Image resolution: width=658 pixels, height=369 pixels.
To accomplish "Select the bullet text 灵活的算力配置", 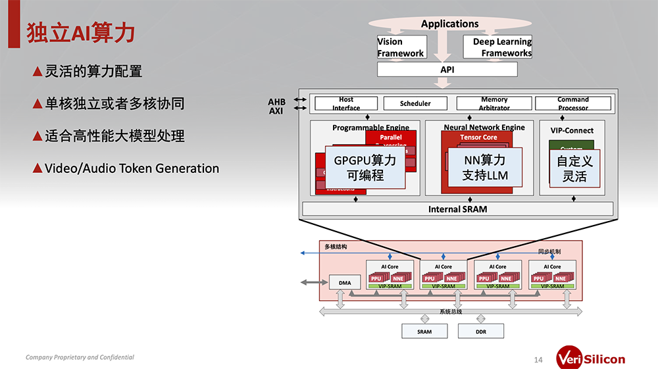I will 93,71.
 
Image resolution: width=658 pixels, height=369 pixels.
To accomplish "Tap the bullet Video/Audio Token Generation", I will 132,168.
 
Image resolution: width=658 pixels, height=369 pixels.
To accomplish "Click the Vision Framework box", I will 401,47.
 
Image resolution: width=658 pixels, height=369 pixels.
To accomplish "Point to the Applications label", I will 449,24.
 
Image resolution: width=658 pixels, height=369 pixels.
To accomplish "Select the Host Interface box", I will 346,104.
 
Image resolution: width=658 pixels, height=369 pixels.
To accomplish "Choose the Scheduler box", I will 415,104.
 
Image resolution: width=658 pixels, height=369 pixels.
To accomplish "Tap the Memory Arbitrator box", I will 494,104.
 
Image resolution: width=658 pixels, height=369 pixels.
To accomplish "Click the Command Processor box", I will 572,104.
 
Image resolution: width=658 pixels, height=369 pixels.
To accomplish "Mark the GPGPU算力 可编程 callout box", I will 365,168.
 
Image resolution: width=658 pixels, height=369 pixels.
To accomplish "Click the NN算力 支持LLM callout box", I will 485,168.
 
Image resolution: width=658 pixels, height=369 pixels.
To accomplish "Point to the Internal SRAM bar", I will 457,210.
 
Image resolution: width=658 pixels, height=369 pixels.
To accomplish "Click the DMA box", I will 345,283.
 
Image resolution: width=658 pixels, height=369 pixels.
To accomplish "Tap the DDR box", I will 481,332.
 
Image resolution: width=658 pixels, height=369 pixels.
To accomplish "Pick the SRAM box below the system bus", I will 424,332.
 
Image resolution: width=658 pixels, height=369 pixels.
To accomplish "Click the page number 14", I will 538,360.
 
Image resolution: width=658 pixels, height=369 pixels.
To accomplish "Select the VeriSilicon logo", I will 590,358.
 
